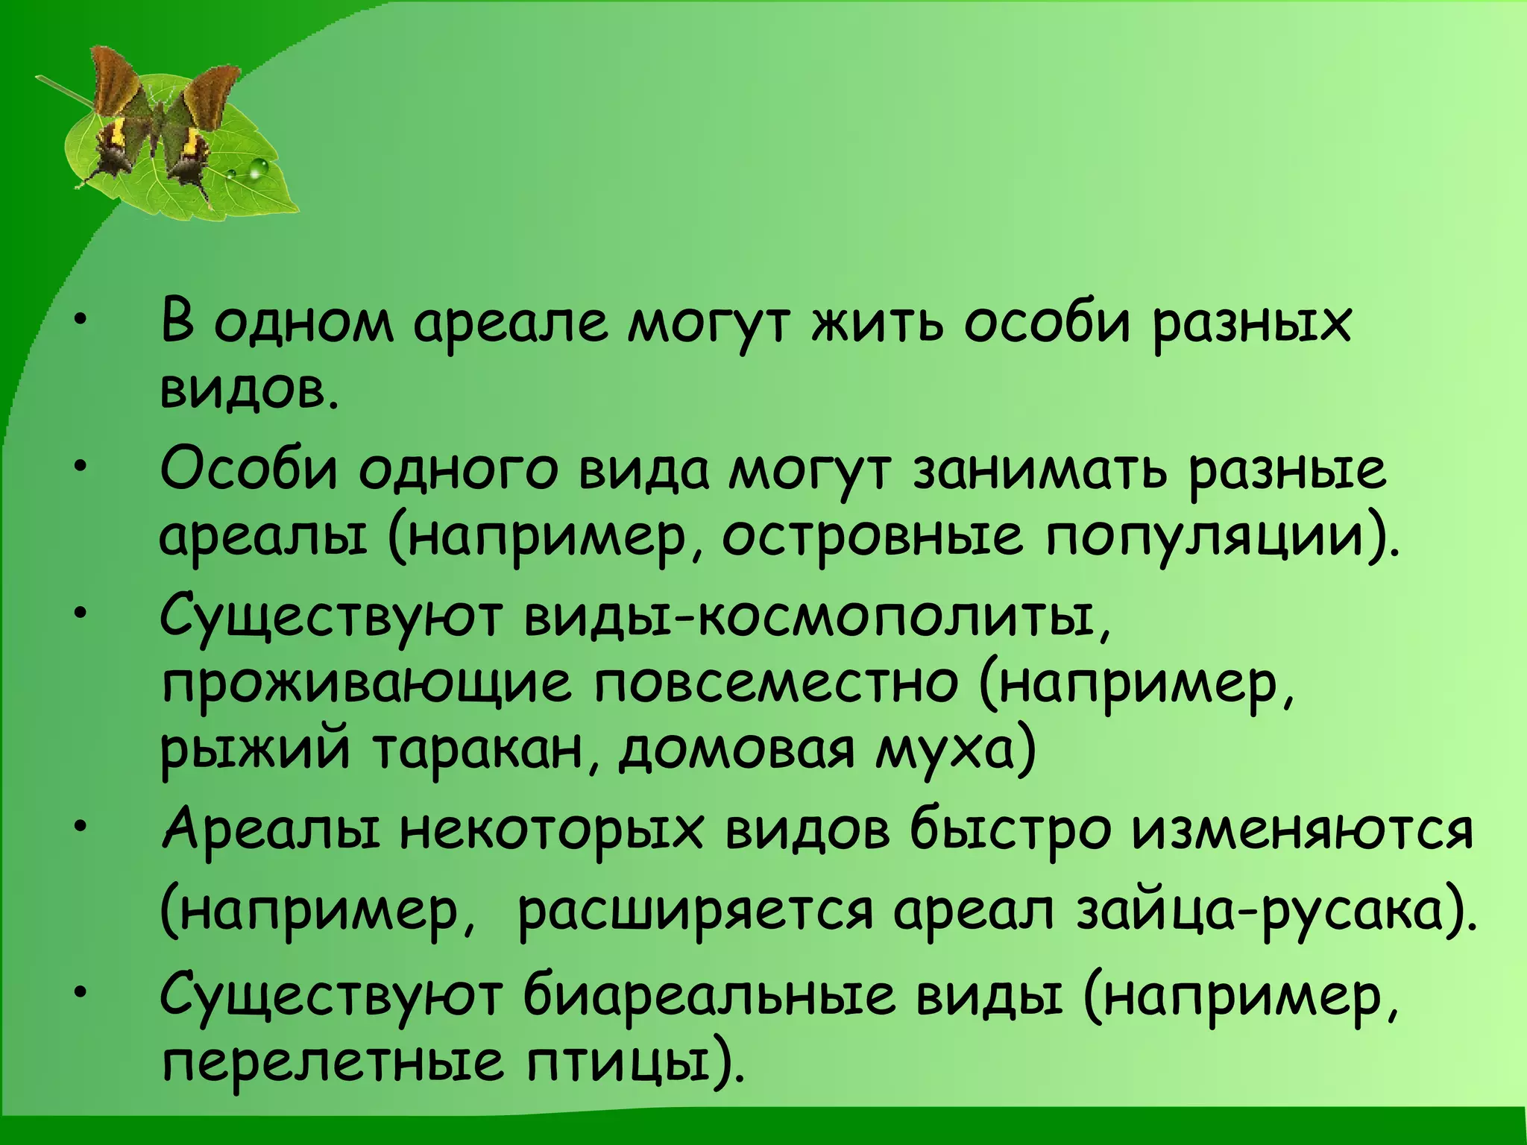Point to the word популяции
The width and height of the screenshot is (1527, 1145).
(x=1207, y=538)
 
